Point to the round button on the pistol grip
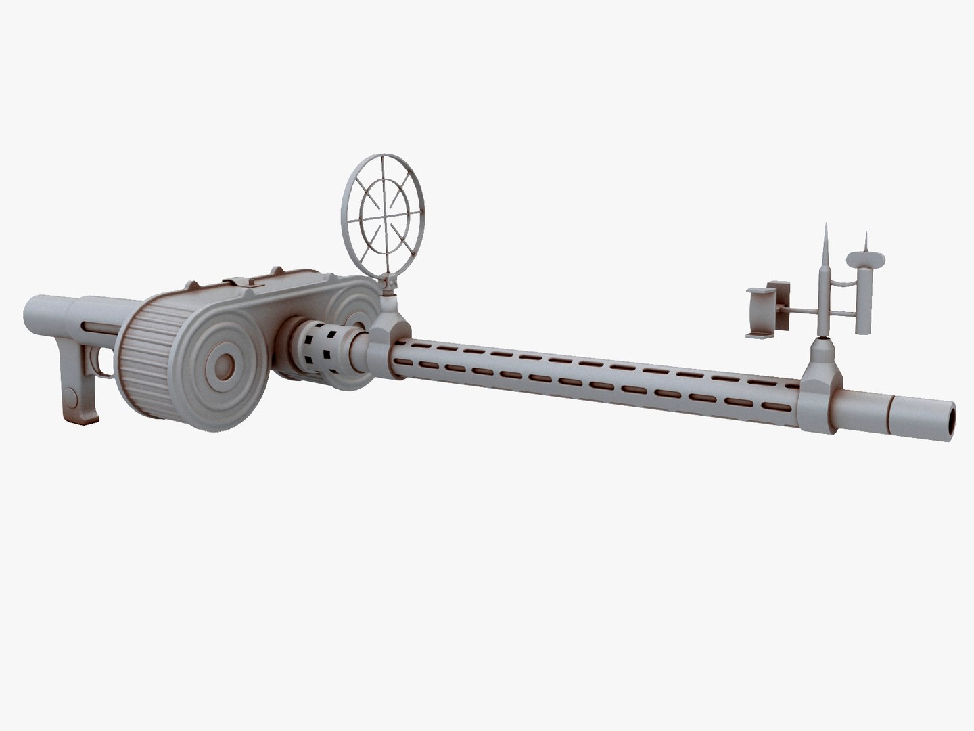click(70, 395)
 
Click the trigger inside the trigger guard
click(103, 363)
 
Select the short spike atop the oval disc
click(865, 241)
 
